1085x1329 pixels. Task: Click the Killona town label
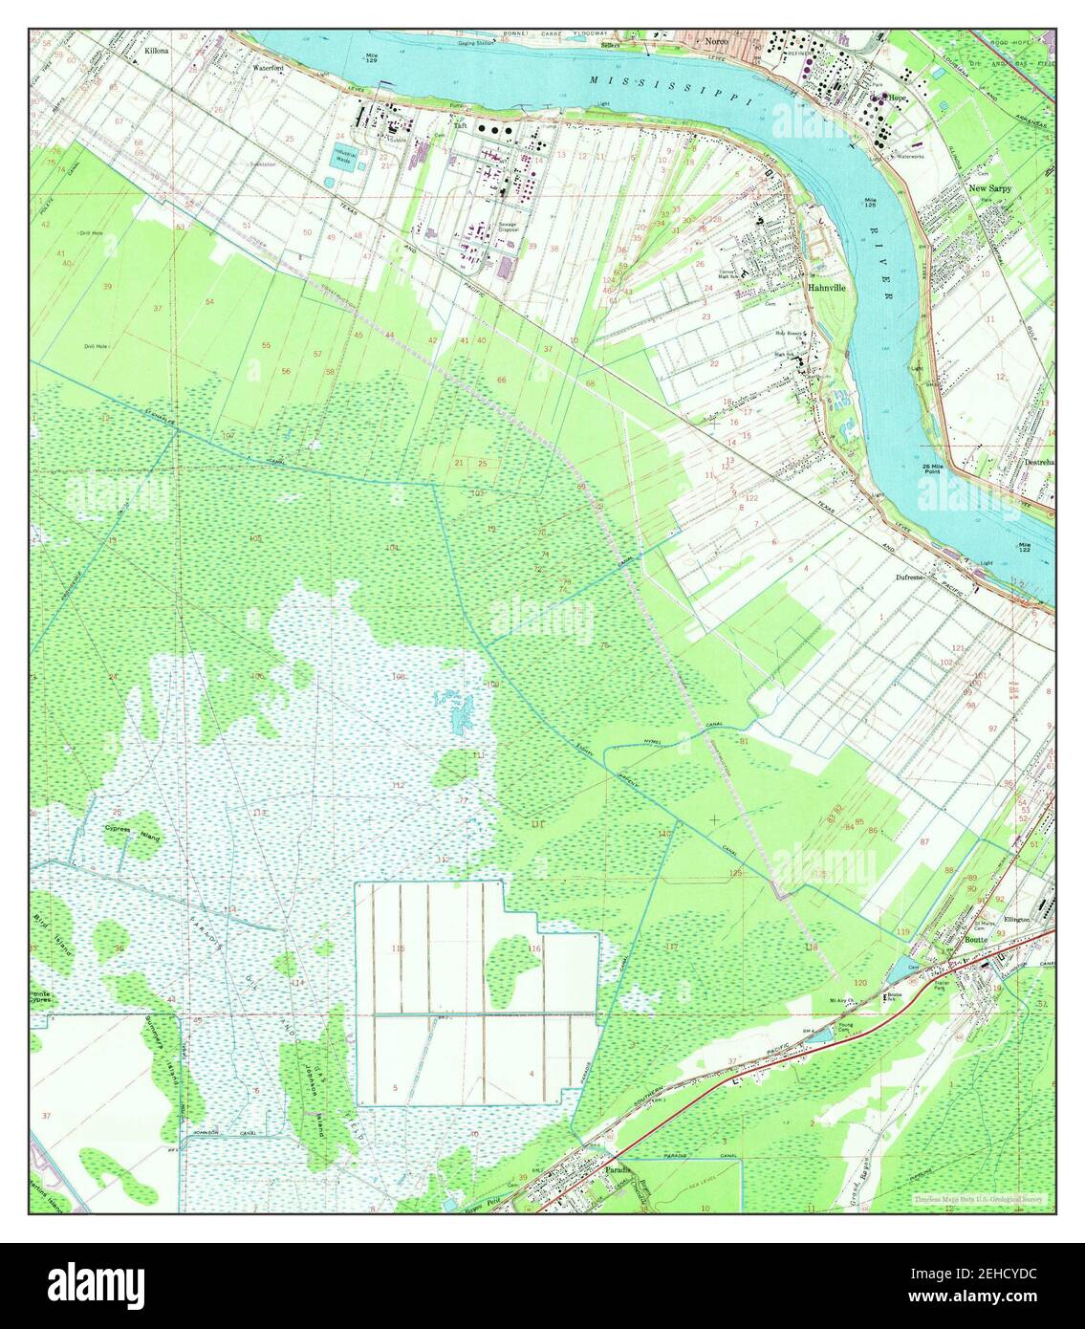[155, 48]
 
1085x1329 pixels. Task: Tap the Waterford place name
[268, 69]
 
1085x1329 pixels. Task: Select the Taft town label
[460, 125]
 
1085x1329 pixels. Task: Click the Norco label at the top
[716, 43]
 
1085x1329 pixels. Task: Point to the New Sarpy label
[989, 189]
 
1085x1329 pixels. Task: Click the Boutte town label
[975, 939]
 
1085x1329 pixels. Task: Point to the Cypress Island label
[132, 833]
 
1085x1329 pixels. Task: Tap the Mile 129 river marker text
[372, 57]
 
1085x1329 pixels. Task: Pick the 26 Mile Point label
[933, 469]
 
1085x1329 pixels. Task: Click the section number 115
[399, 948]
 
